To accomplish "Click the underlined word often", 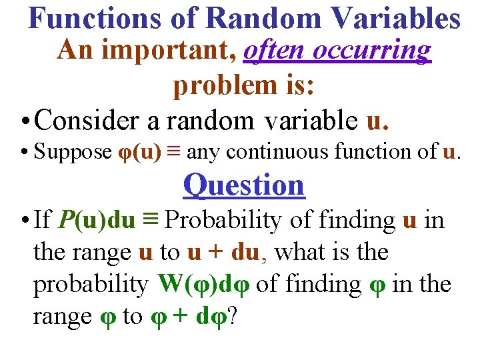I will tap(273, 51).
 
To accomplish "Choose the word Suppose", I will tap(73, 153).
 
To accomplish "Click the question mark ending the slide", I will tap(233, 316).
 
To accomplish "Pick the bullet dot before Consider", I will tap(23, 121).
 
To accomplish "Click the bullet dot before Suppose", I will tap(23, 153).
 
